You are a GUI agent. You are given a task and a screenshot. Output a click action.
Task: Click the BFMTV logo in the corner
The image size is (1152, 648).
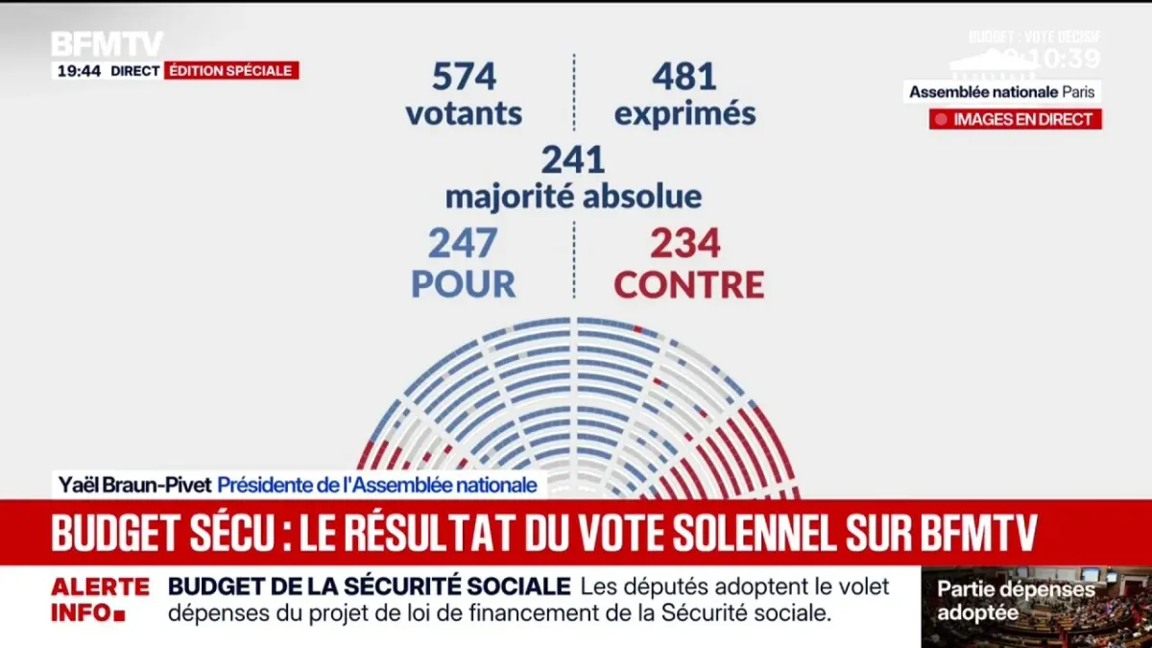point(107,43)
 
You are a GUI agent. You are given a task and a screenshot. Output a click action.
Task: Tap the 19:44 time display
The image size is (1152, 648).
point(79,71)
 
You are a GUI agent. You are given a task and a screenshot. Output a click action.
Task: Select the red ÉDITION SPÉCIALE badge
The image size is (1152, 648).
point(231,71)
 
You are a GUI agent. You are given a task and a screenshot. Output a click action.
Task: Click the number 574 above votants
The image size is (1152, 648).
point(464,77)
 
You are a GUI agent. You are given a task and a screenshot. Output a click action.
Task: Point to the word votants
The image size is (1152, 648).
point(464,113)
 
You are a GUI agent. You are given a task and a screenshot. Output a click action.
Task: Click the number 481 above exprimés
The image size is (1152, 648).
point(684,77)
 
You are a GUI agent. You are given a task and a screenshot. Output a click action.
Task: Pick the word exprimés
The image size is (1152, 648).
point(684,114)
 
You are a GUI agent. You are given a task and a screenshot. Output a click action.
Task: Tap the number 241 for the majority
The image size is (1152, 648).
point(573,159)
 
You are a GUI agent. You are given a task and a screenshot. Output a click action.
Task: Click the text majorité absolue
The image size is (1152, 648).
point(573,197)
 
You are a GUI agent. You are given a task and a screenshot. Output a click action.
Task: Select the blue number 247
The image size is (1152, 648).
point(464,245)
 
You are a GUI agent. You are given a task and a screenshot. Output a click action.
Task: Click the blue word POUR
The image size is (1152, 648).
point(464,284)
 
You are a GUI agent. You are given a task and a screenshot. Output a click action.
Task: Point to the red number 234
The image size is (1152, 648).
point(685,245)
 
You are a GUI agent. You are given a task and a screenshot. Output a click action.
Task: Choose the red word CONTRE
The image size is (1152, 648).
point(689,284)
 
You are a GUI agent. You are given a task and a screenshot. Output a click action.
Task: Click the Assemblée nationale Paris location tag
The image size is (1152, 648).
point(1001,92)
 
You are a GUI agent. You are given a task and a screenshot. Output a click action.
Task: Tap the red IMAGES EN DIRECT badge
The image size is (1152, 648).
point(1015,119)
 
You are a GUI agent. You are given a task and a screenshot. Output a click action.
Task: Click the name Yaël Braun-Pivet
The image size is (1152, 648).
point(133,486)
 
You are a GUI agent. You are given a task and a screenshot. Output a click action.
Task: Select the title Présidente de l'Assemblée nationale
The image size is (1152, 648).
point(376,486)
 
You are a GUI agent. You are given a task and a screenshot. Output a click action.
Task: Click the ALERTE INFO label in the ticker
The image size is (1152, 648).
point(100,599)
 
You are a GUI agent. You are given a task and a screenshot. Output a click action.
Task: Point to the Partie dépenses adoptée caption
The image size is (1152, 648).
point(1016,601)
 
